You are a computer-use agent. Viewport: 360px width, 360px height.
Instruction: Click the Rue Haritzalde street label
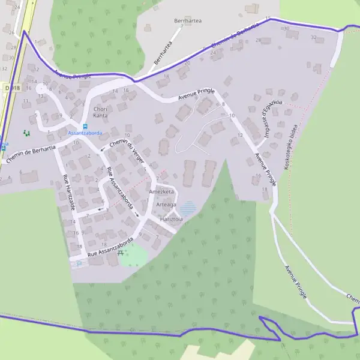coord(69,192)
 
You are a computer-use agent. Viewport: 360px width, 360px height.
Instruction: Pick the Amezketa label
coord(161,191)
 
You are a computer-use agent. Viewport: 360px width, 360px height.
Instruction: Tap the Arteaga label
coord(166,205)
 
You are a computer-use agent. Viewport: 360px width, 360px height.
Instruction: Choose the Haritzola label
coord(171,220)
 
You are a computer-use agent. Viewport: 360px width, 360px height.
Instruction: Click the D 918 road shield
coord(11,88)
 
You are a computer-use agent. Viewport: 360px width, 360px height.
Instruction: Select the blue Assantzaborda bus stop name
coord(85,133)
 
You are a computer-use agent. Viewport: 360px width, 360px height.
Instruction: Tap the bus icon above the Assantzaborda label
coord(85,126)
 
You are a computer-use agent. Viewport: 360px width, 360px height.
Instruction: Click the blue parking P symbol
coord(79,263)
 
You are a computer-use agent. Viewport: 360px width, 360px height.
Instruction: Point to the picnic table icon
coord(122,253)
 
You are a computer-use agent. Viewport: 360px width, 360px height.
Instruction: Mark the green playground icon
coord(25,133)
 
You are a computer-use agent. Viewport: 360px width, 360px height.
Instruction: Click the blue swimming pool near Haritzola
coord(188,208)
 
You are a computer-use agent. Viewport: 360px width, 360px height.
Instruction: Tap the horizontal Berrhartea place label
coord(187,20)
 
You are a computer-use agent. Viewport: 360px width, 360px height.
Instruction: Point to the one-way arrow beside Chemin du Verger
coord(103,148)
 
